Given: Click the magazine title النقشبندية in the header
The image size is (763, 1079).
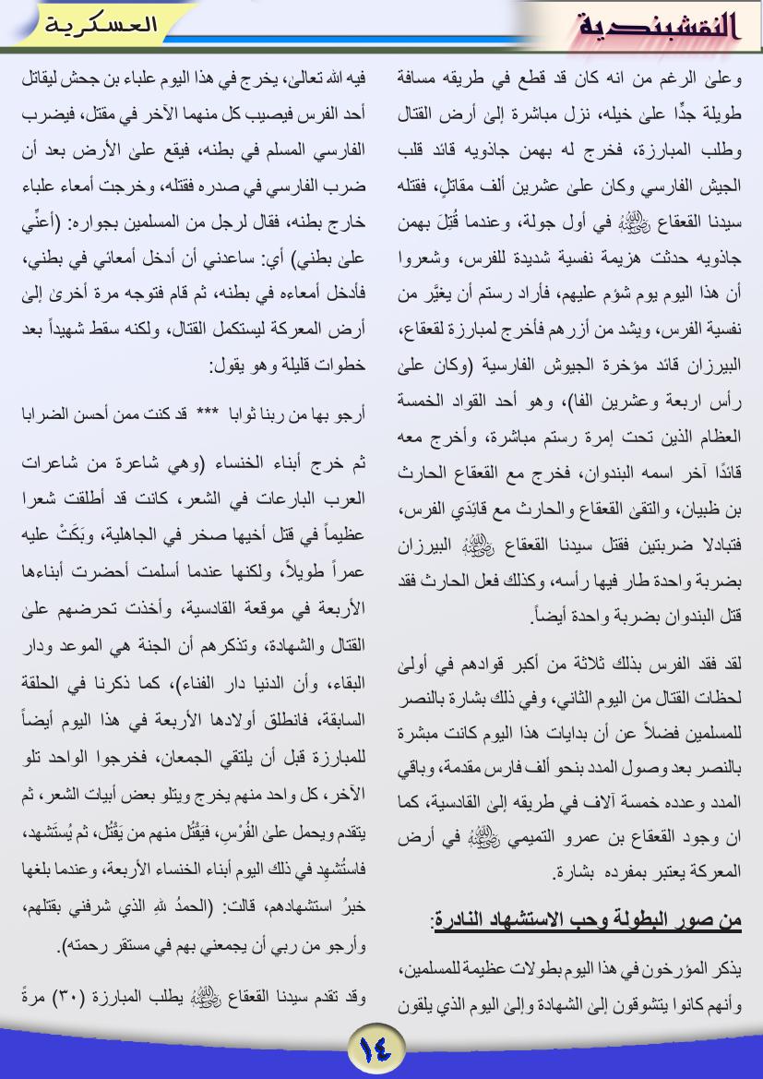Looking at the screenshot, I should click(x=659, y=27).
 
